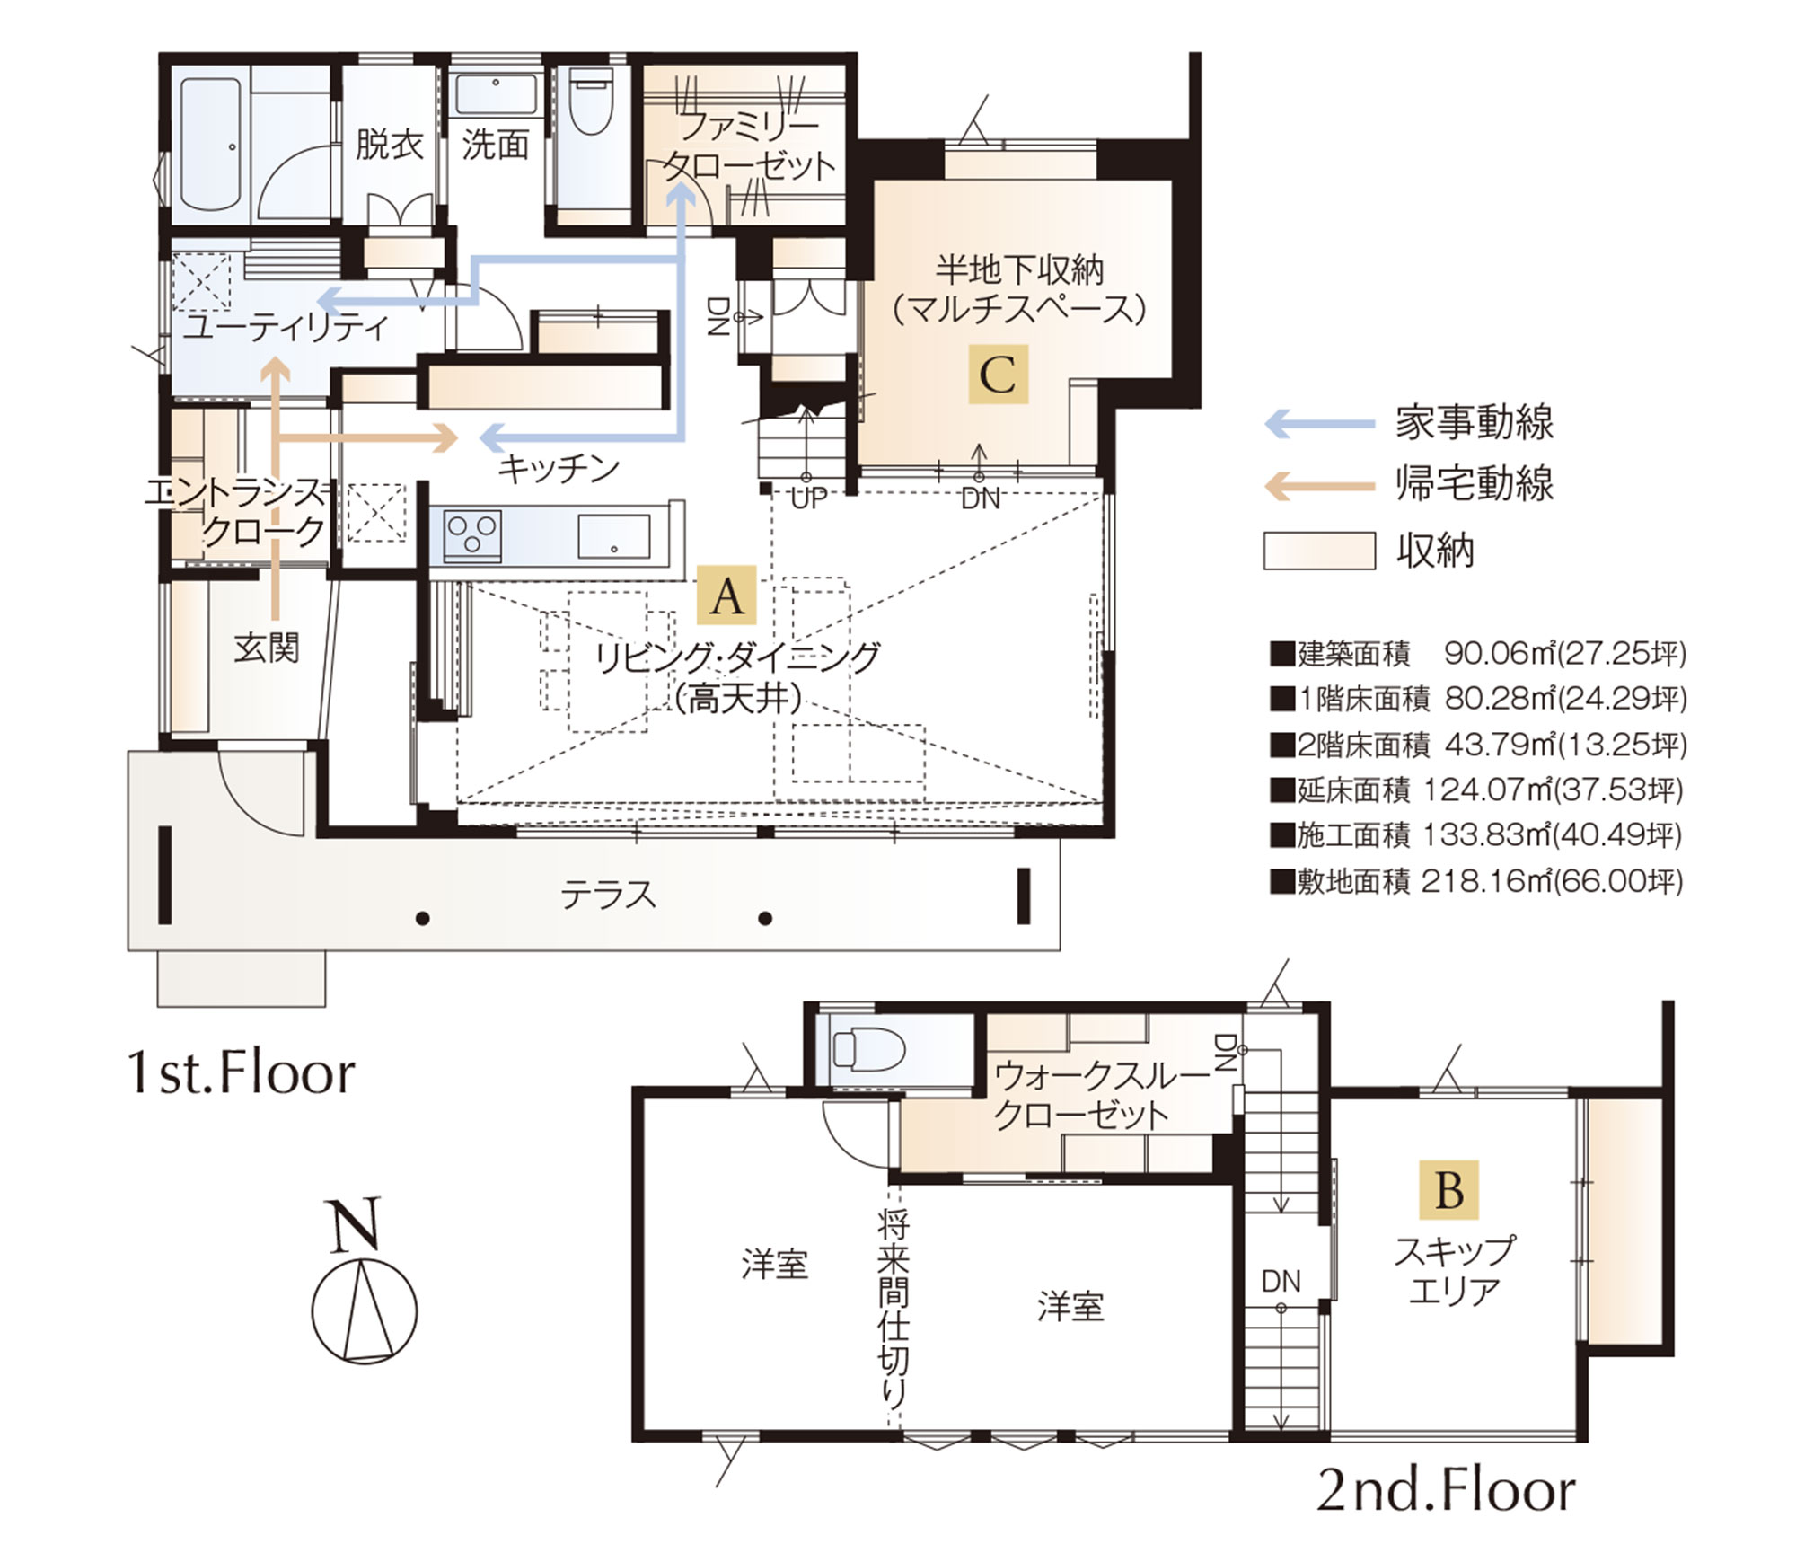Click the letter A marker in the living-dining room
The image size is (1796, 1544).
pyautogui.click(x=727, y=595)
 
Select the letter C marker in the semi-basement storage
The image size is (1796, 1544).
pyautogui.click(x=998, y=374)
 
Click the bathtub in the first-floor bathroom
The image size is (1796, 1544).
pyautogui.click(x=215, y=144)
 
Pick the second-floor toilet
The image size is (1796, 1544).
pyautogui.click(x=867, y=1049)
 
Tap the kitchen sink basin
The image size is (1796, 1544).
pyautogui.click(x=613, y=536)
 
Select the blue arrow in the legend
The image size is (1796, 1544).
pyautogui.click(x=1320, y=423)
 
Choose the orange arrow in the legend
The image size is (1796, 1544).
pyautogui.click(x=1320, y=486)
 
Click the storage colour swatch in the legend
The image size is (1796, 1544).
pyautogui.click(x=1319, y=551)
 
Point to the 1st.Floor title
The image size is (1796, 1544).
pyautogui.click(x=242, y=1072)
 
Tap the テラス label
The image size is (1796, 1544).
pyautogui.click(x=608, y=895)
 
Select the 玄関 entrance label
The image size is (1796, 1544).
pyautogui.click(x=266, y=648)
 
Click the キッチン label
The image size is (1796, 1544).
pyautogui.click(x=559, y=469)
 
